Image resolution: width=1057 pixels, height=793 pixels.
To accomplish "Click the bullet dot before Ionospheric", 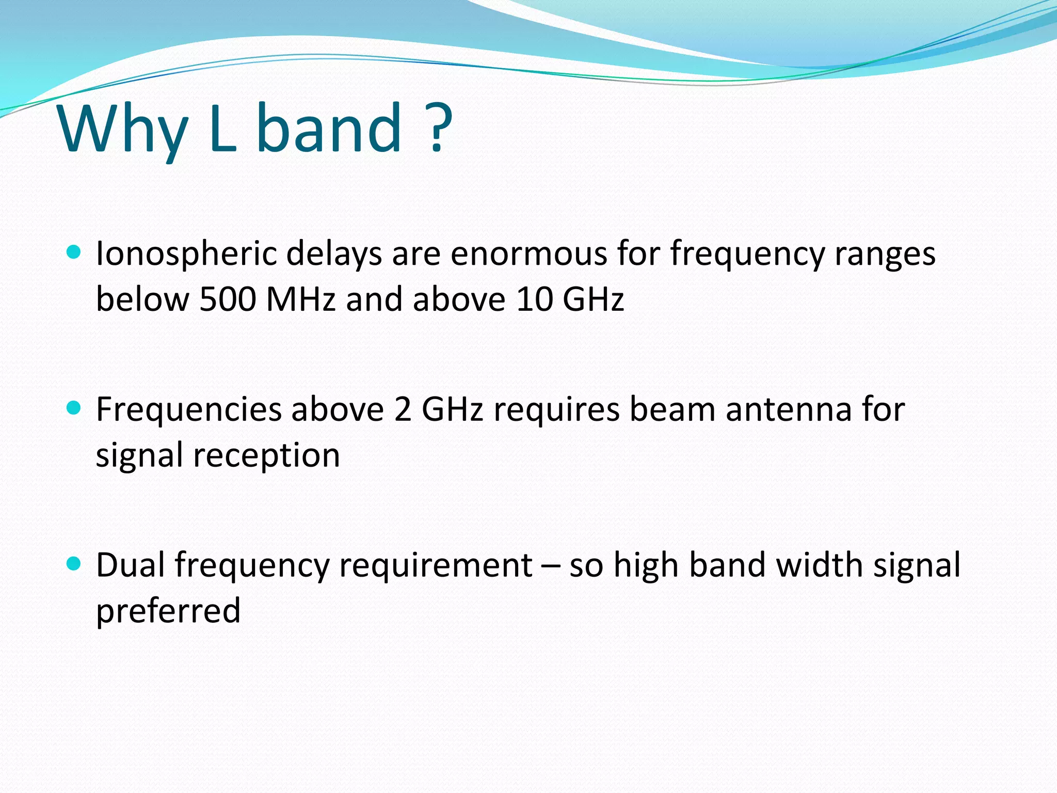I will tap(74, 252).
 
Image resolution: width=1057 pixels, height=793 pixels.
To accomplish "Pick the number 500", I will tap(228, 299).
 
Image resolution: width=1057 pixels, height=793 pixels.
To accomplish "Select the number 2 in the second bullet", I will tap(403, 410).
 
